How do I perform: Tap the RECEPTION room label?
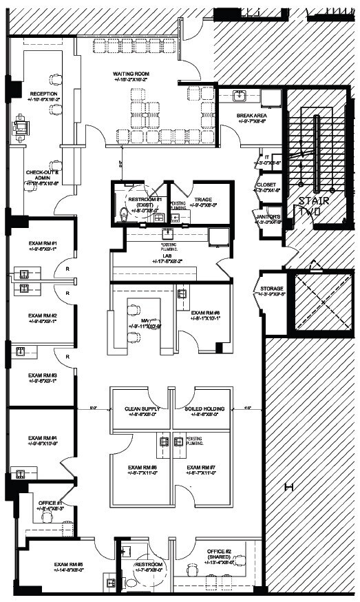coord(43,94)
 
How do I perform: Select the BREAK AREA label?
coord(251,116)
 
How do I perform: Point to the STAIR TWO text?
coord(314,207)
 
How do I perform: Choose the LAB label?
coord(166,255)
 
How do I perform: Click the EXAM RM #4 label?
coord(42,438)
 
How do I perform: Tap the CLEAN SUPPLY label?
coord(142,409)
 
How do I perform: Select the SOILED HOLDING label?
coord(204,409)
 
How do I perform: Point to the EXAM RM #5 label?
coord(69,565)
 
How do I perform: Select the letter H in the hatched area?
coord(289,488)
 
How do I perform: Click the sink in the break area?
coord(241,96)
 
